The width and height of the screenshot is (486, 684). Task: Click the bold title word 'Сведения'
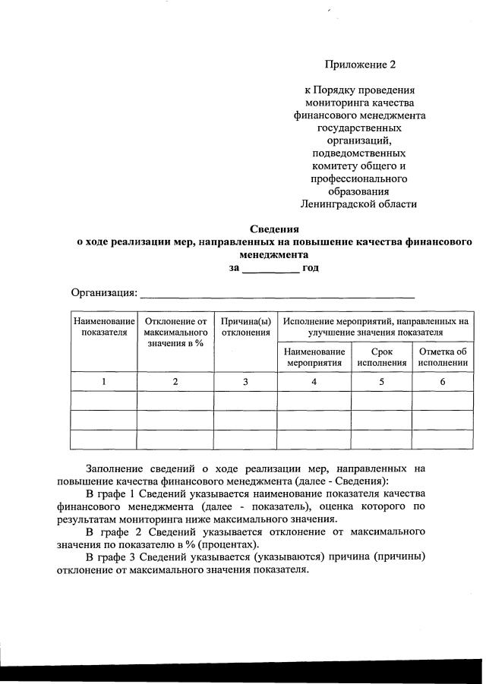tap(275, 229)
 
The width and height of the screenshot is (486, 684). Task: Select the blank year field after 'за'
tap(270, 268)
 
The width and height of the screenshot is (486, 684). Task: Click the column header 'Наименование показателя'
tap(103, 327)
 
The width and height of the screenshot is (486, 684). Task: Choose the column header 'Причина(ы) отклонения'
tap(245, 327)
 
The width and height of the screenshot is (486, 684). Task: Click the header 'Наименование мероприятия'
tap(314, 357)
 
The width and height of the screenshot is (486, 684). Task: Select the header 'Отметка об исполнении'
tap(442, 357)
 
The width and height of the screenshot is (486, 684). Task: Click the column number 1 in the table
tap(103, 382)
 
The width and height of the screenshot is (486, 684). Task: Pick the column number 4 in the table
tap(314, 382)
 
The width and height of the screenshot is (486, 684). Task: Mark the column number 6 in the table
tap(442, 382)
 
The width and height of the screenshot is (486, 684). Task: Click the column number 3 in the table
tap(245, 382)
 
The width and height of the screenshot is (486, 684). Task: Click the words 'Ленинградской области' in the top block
tap(359, 204)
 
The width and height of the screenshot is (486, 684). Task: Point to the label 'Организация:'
tap(104, 293)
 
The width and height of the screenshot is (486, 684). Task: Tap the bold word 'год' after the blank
tap(310, 268)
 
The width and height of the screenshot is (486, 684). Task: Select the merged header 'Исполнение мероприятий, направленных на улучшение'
tap(375, 327)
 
